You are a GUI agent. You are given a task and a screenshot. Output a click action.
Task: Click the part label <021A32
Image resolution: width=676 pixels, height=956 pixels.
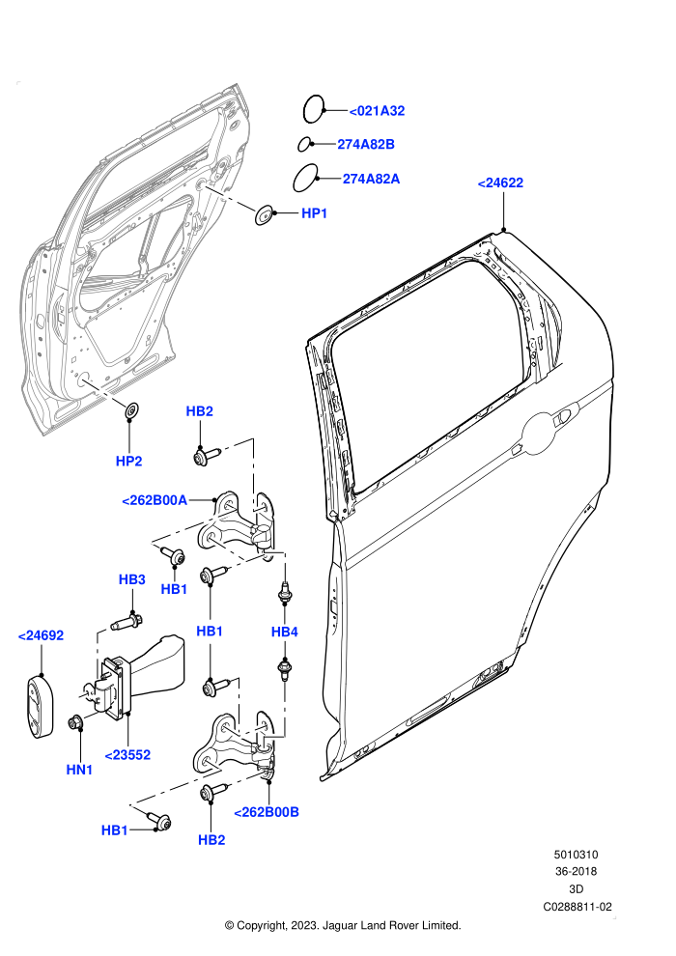[x=377, y=111]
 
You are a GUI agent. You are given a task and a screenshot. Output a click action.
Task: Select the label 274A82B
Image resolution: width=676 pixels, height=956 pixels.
[x=366, y=145]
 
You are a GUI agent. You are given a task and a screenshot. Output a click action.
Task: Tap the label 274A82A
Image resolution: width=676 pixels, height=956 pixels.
[x=371, y=179]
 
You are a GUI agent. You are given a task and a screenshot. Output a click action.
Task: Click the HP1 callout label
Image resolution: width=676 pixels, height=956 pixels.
[x=315, y=213]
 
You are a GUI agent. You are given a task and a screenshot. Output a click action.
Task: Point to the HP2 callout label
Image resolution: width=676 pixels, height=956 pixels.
[x=128, y=462]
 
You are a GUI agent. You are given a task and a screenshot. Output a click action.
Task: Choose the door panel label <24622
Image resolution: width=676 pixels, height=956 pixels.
[x=500, y=183]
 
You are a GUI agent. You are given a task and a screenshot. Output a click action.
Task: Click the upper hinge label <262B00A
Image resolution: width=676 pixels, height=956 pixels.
[x=155, y=500]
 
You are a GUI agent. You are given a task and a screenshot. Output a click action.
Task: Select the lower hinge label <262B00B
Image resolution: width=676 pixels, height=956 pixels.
[x=267, y=812]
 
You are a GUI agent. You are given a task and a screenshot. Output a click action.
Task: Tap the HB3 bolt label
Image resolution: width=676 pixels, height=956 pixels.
[x=131, y=579]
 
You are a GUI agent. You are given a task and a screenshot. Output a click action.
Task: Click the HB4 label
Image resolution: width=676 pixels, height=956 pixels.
[x=285, y=632]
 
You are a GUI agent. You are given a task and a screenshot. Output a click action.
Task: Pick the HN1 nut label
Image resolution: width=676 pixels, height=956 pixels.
[x=79, y=770]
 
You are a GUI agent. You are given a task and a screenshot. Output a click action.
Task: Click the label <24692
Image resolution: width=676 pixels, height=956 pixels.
[x=41, y=635]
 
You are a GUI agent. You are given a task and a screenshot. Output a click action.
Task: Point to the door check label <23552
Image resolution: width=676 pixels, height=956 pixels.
[x=127, y=755]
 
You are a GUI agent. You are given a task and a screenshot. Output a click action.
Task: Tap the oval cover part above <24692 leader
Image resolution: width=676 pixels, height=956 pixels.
[x=40, y=706]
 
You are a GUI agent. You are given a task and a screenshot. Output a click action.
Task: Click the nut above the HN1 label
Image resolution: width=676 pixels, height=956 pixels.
[x=76, y=723]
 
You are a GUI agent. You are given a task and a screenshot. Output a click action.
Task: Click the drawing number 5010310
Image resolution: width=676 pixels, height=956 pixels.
[x=576, y=855]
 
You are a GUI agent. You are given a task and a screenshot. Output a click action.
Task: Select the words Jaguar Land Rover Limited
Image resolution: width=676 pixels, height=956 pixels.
[x=392, y=925]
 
